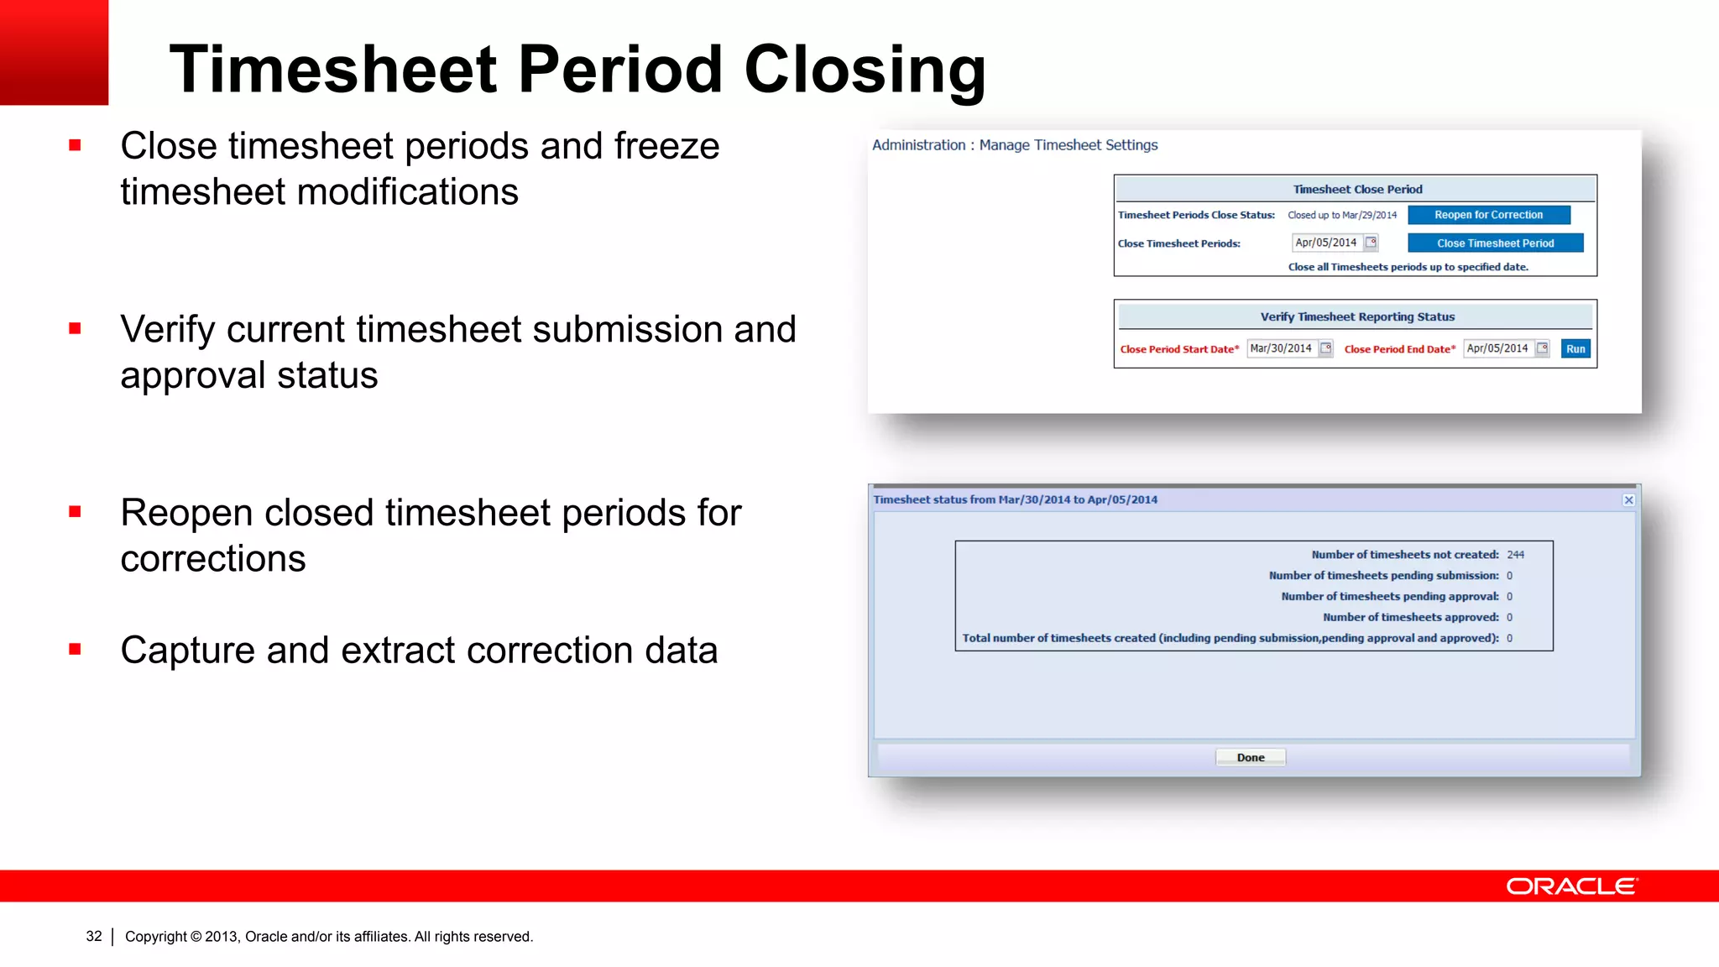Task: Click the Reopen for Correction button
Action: click(x=1488, y=215)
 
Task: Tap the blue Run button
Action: click(x=1575, y=349)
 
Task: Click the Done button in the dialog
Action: click(x=1250, y=757)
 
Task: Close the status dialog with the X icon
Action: click(x=1628, y=500)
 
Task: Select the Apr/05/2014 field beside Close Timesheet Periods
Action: click(x=1326, y=243)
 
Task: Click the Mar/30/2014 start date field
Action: click(x=1281, y=348)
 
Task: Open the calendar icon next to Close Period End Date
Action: click(x=1543, y=348)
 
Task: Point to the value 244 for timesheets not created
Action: click(x=1515, y=555)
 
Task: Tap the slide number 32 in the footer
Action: click(x=94, y=936)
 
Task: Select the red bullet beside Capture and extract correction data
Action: click(x=75, y=649)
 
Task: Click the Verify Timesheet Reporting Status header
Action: click(x=1356, y=316)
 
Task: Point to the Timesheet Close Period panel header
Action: click(x=1356, y=189)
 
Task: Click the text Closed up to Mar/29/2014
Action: click(x=1342, y=215)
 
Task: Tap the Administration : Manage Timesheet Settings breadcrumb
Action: click(x=1014, y=145)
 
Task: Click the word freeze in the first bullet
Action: click(x=666, y=146)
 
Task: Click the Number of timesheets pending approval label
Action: click(x=1389, y=596)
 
